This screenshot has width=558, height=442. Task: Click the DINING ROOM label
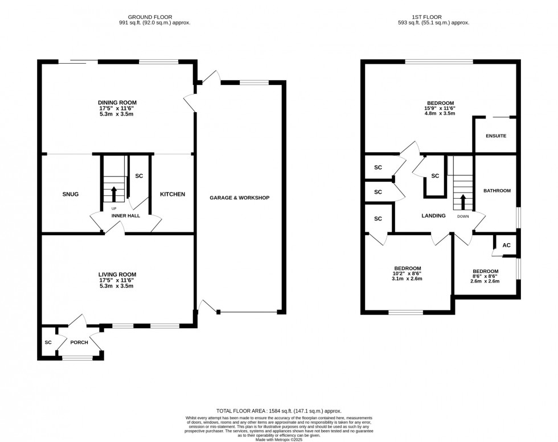pos(117,103)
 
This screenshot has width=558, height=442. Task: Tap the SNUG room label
pos(70,194)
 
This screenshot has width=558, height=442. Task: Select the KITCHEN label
pos(172,194)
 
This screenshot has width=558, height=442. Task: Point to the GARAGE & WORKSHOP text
pos(239,198)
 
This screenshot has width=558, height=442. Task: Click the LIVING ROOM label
pos(117,274)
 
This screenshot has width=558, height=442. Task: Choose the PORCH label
pos(79,342)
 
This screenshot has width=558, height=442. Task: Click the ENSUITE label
pos(496,136)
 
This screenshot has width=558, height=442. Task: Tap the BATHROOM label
pos(497,190)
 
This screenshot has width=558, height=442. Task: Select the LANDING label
pos(433,216)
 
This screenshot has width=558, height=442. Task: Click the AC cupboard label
pos(506,245)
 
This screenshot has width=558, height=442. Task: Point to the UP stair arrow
pos(113,194)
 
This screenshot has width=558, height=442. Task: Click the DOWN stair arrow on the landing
pos(462,202)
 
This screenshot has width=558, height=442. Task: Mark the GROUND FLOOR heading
pos(150,17)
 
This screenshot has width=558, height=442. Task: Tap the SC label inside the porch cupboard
pos(48,342)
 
